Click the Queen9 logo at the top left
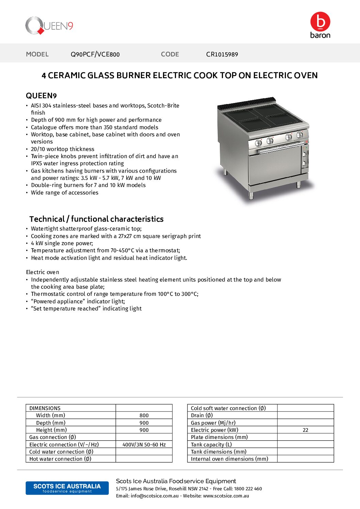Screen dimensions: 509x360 pos(49,26)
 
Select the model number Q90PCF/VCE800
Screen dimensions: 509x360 pos(95,54)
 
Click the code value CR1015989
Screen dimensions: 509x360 pos(222,54)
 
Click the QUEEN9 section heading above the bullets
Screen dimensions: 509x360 pos(41,96)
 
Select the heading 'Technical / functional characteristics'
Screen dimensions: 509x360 pos(96,219)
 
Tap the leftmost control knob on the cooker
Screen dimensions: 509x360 pos(258,143)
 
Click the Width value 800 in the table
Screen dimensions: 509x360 pos(144,415)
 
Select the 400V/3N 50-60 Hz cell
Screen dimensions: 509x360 pos(144,444)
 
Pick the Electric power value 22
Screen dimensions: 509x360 pos(305,430)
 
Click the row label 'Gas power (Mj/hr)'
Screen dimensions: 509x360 pos(213,423)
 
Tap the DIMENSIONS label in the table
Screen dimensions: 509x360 pos(45,408)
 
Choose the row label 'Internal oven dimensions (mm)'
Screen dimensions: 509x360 pos(229,459)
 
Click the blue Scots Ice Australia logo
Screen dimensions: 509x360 pos(67,488)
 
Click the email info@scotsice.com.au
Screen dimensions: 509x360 pos(154,496)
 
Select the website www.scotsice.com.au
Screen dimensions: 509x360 pos(226,496)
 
